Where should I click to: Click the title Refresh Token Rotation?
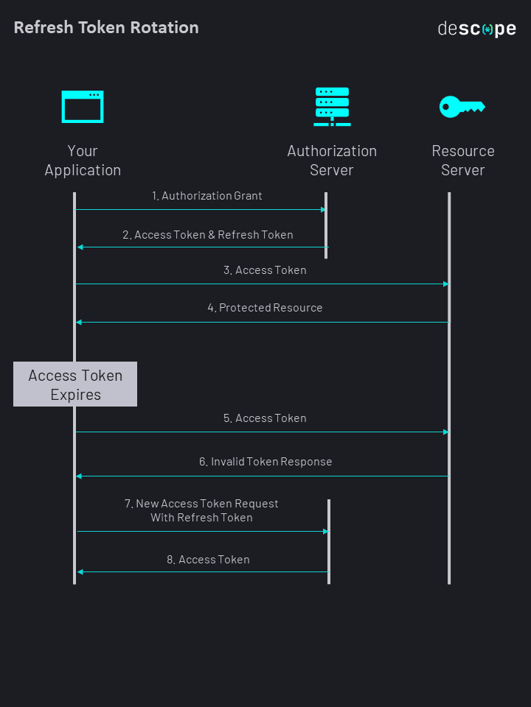[x=106, y=28]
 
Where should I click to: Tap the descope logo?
[x=476, y=29]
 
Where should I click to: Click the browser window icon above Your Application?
[x=83, y=107]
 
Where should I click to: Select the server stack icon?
[x=332, y=107]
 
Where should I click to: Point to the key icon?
[x=462, y=107]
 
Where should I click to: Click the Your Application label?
[x=83, y=161]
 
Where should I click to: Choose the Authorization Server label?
[x=332, y=161]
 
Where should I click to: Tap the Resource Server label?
[x=463, y=161]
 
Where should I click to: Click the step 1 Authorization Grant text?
[x=207, y=196]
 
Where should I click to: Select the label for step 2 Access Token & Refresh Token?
[x=208, y=235]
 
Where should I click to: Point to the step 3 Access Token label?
[x=265, y=270]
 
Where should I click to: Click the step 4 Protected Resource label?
[x=265, y=308]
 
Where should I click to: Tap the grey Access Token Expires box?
[x=75, y=384]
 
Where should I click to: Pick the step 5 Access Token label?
[x=265, y=418]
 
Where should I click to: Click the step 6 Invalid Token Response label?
[x=265, y=462]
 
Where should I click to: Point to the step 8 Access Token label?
[x=208, y=560]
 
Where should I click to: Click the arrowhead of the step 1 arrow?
[x=323, y=210]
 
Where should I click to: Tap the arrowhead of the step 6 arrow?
[x=79, y=476]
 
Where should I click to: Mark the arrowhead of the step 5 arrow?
[x=445, y=432]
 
